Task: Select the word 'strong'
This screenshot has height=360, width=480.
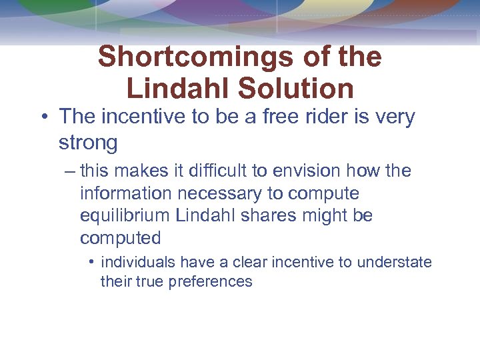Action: (88, 143)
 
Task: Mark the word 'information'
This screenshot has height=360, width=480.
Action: (124, 193)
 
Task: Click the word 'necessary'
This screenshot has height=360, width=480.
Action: (218, 193)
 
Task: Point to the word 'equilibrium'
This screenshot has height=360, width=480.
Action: (124, 216)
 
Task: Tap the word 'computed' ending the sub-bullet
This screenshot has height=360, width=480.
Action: (121, 238)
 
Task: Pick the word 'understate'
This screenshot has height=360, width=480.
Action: (394, 262)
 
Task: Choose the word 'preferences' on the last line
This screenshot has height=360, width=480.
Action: (211, 281)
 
